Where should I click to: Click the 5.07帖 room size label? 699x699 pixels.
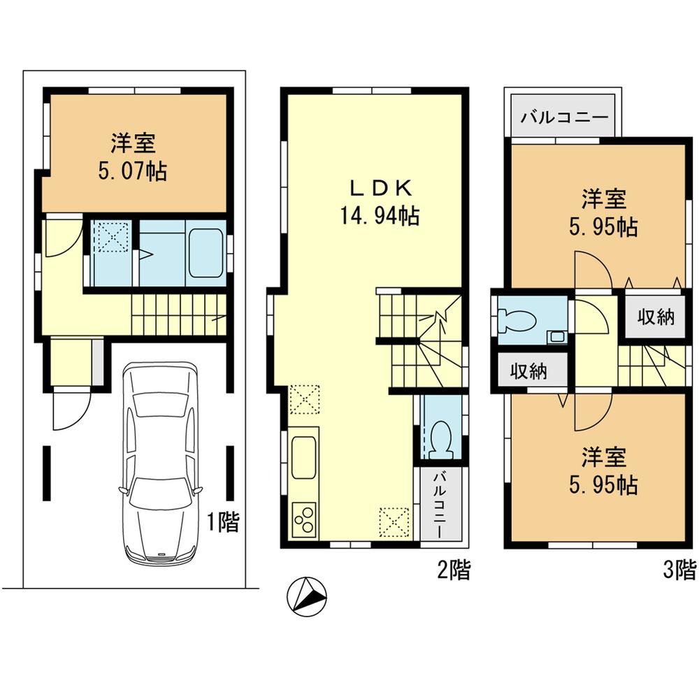(137, 171)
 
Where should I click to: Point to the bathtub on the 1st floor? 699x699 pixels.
(207, 254)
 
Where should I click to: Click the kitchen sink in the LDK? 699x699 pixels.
(303, 456)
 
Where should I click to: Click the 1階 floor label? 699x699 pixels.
(222, 522)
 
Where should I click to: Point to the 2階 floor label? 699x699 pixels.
(453, 571)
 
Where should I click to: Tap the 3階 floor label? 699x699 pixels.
(679, 571)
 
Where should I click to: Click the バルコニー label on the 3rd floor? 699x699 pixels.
(565, 117)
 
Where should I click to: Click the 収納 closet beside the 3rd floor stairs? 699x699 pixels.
(656, 317)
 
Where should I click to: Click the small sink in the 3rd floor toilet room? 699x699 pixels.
(557, 337)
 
